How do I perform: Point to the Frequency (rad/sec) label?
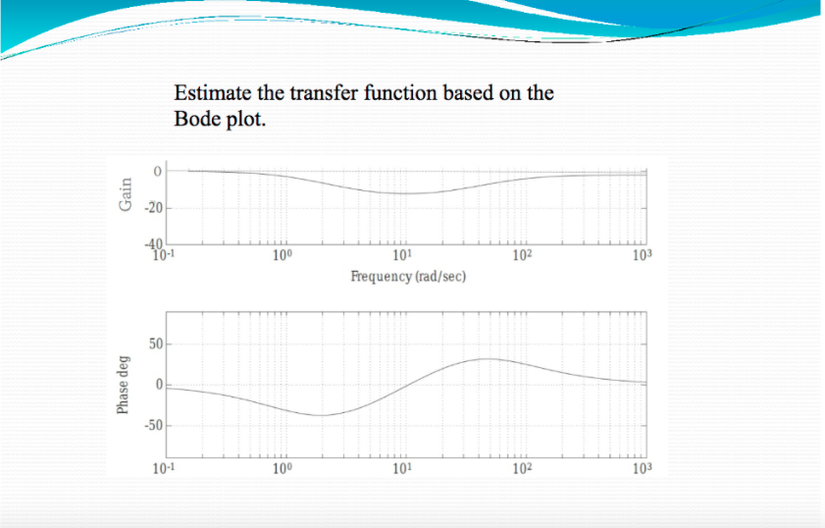click(x=408, y=277)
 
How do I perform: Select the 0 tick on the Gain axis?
click(x=155, y=171)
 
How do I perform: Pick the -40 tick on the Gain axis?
click(x=155, y=245)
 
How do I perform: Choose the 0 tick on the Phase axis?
click(x=156, y=385)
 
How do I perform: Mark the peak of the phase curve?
click(x=487, y=359)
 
